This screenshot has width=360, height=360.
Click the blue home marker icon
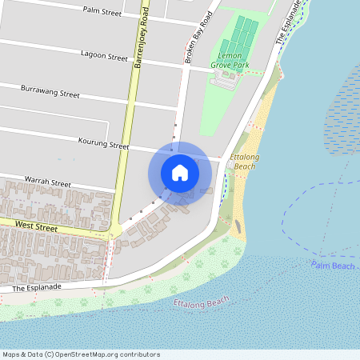coord(180,172)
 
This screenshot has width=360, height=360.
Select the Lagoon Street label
coord(104,57)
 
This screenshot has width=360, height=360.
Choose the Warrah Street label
coord(48,182)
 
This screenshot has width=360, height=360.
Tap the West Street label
coord(36,228)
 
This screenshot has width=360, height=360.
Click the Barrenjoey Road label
coord(142,38)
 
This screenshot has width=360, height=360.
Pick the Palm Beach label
coord(333,265)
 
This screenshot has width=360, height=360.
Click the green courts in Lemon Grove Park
coord(241,35)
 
